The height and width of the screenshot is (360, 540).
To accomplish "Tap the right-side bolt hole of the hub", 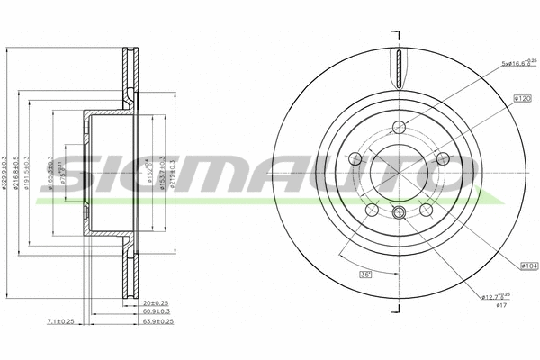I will pyautogui.click(x=441, y=159).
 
